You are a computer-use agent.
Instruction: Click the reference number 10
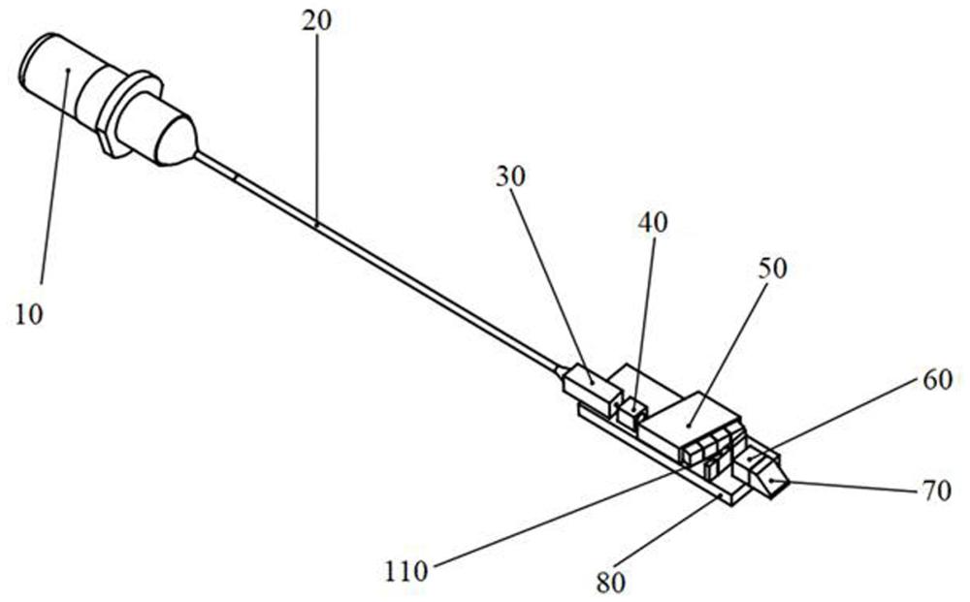29,315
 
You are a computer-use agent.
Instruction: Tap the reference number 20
316,21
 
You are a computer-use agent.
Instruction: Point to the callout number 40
653,223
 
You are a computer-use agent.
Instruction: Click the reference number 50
773,269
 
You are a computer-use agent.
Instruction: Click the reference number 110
405,571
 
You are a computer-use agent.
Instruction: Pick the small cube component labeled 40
635,413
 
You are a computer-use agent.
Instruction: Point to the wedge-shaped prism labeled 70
773,479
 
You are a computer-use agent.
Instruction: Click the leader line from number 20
316,126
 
